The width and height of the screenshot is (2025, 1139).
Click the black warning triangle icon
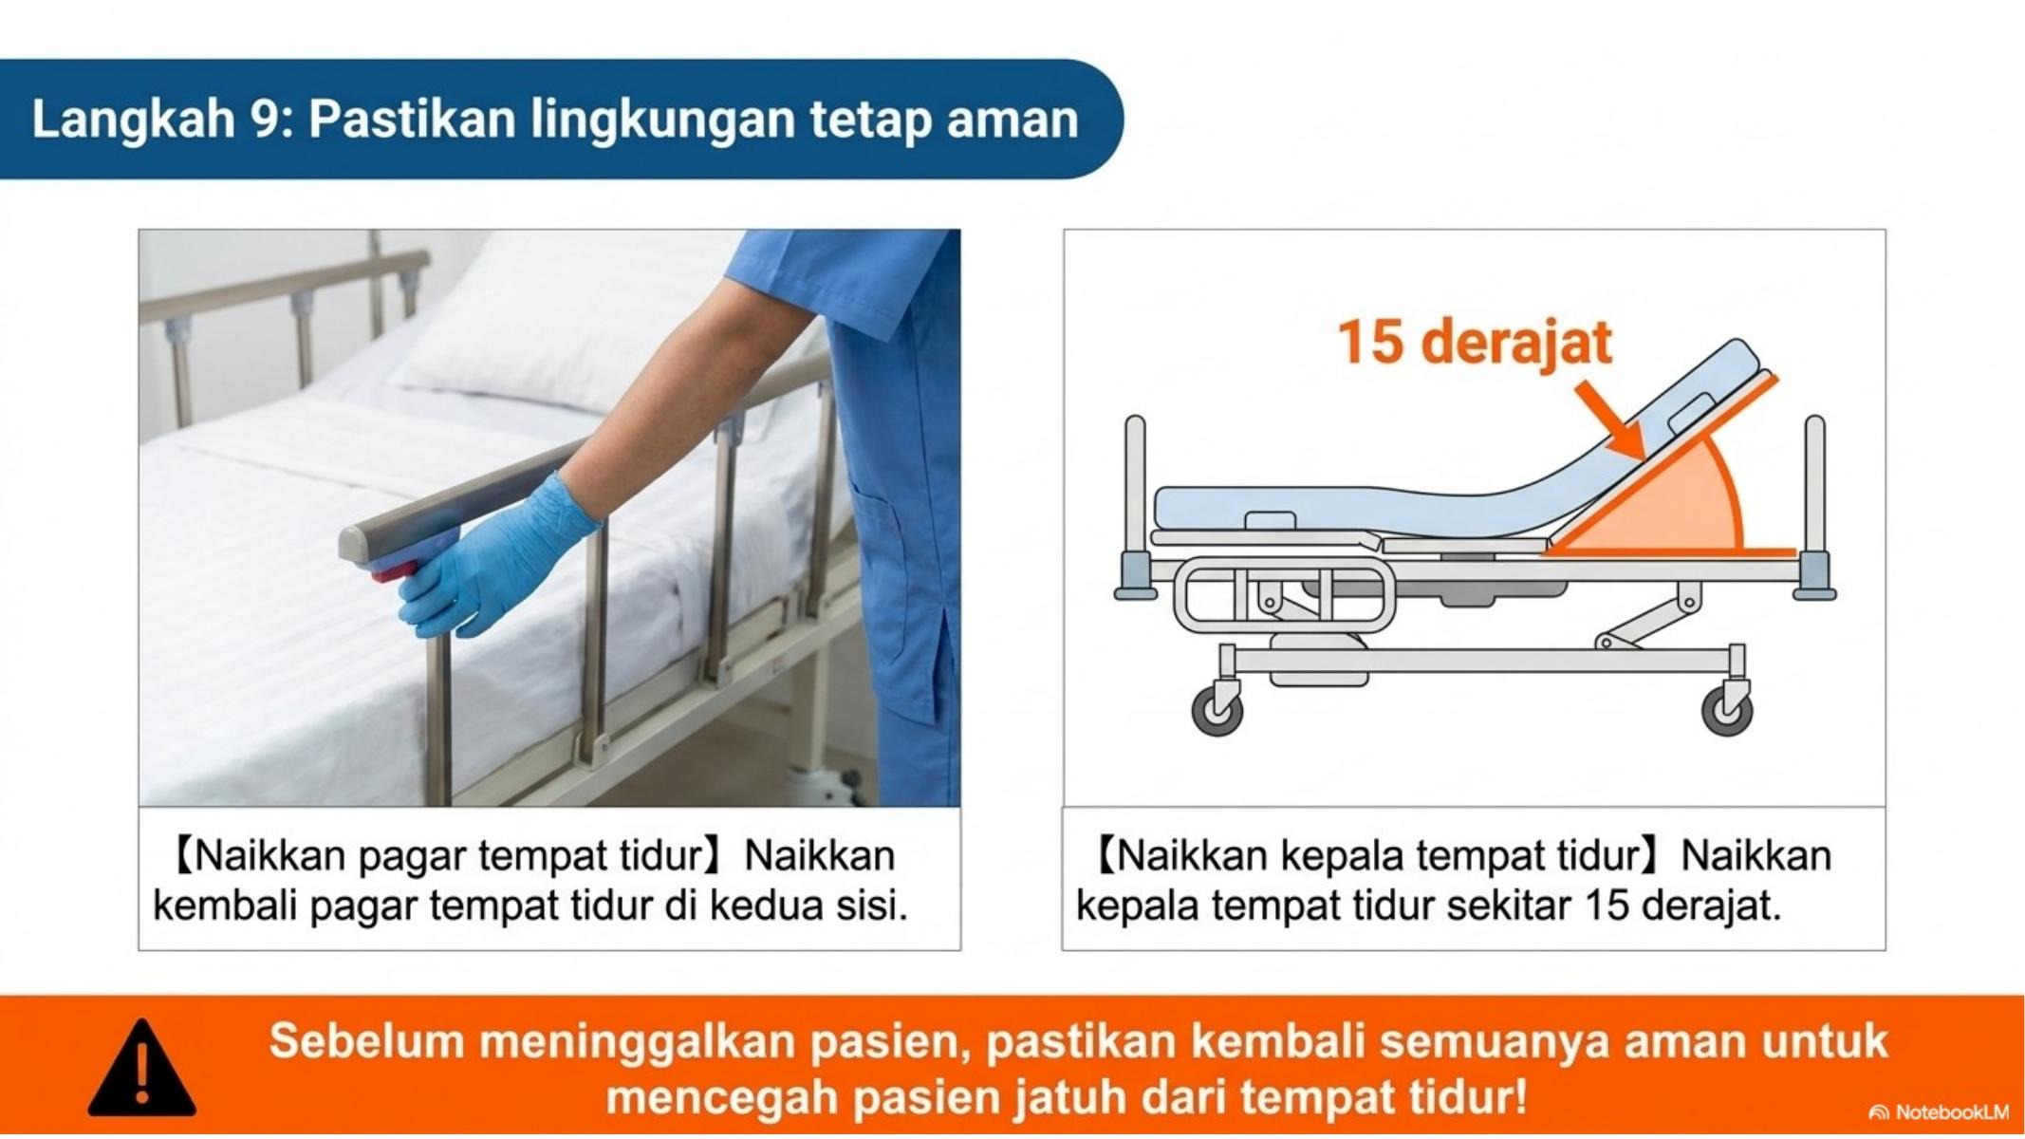pos(142,1071)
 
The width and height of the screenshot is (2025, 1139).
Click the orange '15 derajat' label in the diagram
pos(1475,342)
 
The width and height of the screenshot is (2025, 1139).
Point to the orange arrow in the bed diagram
pos(1609,421)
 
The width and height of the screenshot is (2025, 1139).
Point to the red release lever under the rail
pos(393,572)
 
